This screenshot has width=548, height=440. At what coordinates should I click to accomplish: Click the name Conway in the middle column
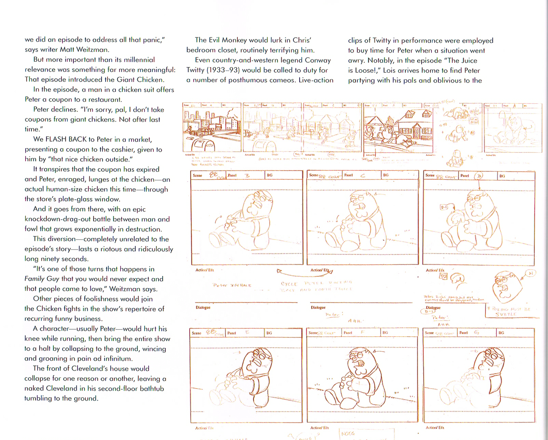tap(318, 60)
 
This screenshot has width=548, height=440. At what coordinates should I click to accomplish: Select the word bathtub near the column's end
tap(152, 388)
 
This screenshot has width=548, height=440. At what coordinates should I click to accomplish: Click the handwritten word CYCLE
tap(289, 284)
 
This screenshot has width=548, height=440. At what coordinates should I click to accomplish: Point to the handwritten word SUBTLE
tap(506, 314)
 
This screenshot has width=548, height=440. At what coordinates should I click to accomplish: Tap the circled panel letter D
tap(479, 176)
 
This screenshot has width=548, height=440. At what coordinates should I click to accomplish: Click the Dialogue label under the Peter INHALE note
tap(203, 307)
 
